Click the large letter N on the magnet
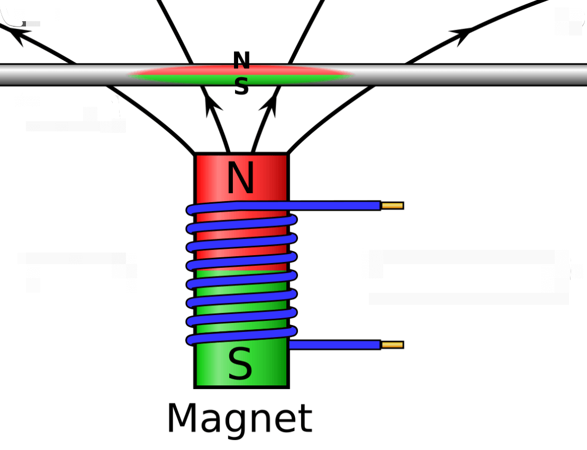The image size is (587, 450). (241, 179)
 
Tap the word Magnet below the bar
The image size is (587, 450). (239, 419)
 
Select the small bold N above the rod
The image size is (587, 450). (241, 61)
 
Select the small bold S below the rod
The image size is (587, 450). (241, 87)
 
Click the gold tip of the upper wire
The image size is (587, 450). (392, 205)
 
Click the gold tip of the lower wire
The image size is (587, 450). (392, 345)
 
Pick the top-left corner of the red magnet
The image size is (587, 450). (196, 155)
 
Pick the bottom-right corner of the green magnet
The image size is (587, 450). (287, 386)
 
